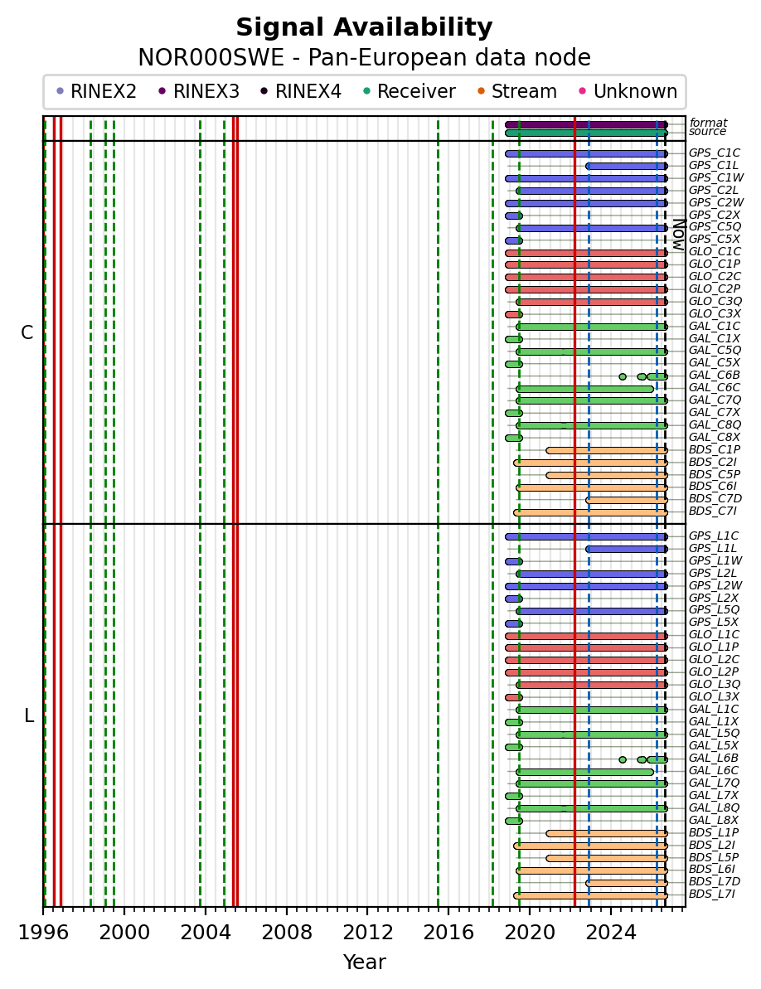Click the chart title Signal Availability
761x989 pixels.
(x=364, y=27)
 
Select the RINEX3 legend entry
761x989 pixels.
(x=199, y=91)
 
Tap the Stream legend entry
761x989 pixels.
(x=517, y=91)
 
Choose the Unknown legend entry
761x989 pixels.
(x=628, y=91)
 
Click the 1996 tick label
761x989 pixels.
(x=43, y=933)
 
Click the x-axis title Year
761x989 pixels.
(x=364, y=962)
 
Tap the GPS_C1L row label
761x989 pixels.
(x=713, y=165)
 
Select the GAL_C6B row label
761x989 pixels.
(x=714, y=376)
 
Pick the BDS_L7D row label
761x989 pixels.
(x=715, y=882)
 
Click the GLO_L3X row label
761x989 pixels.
(x=714, y=696)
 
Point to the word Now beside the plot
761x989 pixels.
(x=678, y=235)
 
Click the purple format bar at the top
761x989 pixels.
(x=586, y=125)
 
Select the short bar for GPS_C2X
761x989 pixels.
(x=514, y=216)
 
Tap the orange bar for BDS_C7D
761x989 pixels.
(x=627, y=500)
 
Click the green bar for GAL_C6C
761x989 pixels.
(x=585, y=389)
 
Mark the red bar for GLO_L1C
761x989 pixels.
(x=586, y=637)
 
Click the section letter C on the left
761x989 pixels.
(x=27, y=332)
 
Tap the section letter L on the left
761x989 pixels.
(x=28, y=716)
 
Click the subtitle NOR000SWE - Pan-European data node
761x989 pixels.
(x=364, y=57)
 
